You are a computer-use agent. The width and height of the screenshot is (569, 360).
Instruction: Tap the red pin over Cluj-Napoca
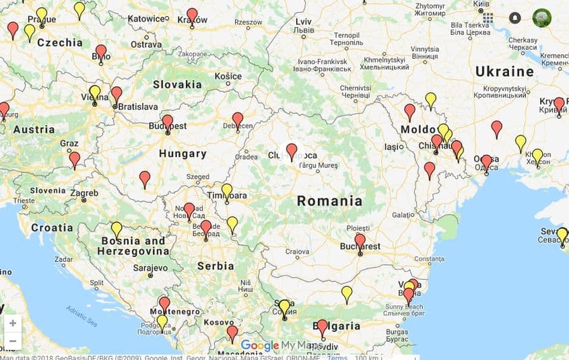pyautogui.click(x=292, y=151)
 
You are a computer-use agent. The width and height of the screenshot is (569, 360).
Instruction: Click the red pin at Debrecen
pyautogui.click(x=238, y=120)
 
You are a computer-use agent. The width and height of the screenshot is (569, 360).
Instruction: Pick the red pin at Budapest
pyautogui.click(x=168, y=122)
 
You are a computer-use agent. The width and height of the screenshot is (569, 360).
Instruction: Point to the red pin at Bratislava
pyautogui.click(x=116, y=94)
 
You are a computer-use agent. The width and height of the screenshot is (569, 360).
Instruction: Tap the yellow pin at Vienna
pyautogui.click(x=95, y=93)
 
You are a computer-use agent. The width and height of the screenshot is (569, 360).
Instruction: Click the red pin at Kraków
pyautogui.click(x=193, y=15)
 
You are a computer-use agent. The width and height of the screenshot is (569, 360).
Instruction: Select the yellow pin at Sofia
pyautogui.click(x=284, y=307)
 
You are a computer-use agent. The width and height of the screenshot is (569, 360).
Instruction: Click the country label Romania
pyautogui.click(x=329, y=201)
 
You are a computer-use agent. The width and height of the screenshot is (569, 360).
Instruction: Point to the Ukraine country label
pyautogui.click(x=504, y=71)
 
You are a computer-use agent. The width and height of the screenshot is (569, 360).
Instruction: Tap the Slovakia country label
pyautogui.click(x=177, y=85)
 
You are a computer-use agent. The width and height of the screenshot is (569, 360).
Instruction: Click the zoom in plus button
pyautogui.click(x=12, y=323)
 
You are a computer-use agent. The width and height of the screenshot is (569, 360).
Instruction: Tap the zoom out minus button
pyautogui.click(x=12, y=340)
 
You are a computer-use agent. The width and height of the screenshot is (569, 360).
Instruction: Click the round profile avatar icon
pyautogui.click(x=541, y=18)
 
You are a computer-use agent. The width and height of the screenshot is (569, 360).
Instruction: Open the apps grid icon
pyautogui.click(x=488, y=18)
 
